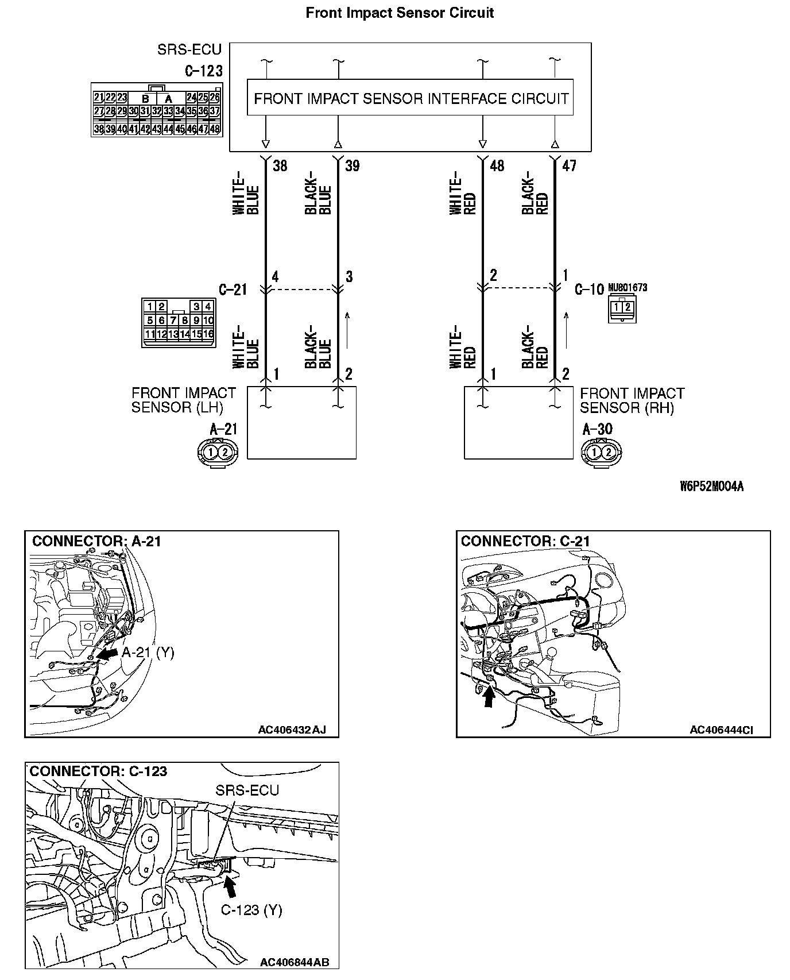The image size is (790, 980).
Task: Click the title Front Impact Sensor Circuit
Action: pos(400,13)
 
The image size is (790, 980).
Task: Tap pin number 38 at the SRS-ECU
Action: pos(280,166)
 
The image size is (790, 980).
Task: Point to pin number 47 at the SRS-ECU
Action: pos(568,166)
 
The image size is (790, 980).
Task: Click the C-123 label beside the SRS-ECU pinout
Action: pos(203,71)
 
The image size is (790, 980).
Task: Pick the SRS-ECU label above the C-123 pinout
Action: pos(189,50)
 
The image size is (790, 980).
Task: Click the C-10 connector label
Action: pos(589,289)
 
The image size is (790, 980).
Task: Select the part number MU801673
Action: pos(628,287)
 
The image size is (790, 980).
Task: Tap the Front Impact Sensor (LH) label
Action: pos(183,400)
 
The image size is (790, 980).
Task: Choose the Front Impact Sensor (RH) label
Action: pos(632,400)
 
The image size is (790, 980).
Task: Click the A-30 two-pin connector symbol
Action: pos(601,452)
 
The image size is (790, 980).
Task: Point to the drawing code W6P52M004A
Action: pos(711,487)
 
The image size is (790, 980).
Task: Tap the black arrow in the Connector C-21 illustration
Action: pos(489,697)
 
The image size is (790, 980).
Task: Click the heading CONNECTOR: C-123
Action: pos(98,771)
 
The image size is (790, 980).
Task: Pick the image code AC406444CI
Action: pos(721,730)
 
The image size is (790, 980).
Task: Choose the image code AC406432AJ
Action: pos(292,730)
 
